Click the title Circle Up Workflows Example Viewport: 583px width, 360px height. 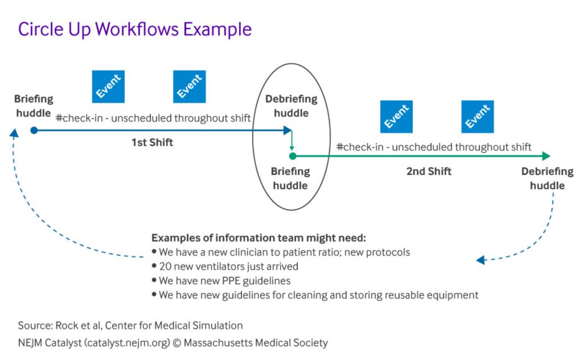click(x=135, y=29)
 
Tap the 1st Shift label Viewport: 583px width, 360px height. click(x=152, y=142)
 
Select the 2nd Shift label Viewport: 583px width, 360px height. click(x=429, y=172)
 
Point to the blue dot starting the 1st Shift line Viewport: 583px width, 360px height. click(x=34, y=130)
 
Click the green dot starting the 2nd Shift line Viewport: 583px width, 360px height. click(x=293, y=156)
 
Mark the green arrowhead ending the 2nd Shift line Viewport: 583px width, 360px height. click(x=546, y=156)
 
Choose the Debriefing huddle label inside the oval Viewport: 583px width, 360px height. click(x=291, y=106)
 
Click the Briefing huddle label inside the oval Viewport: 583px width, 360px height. click(x=291, y=178)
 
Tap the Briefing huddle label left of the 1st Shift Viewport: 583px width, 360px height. click(x=33, y=106)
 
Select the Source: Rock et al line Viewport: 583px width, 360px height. click(x=130, y=326)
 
